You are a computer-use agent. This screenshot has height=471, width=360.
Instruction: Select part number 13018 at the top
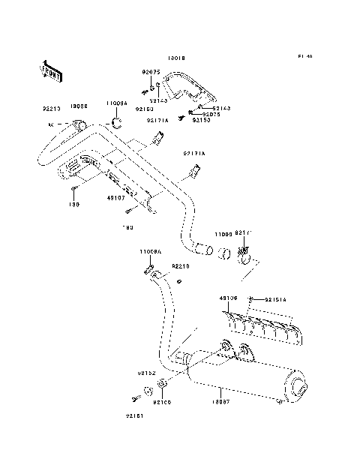pyautogui.click(x=176, y=57)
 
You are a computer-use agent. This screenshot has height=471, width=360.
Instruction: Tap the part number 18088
pyautogui.click(x=79, y=106)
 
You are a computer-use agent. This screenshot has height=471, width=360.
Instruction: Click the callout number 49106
pyautogui.click(x=228, y=298)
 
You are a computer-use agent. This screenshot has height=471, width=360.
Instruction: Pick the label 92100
pyautogui.click(x=161, y=402)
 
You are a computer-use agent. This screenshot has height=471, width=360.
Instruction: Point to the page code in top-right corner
pyautogui.click(x=304, y=57)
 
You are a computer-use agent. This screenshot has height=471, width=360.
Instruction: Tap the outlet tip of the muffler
pyautogui.click(x=298, y=390)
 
